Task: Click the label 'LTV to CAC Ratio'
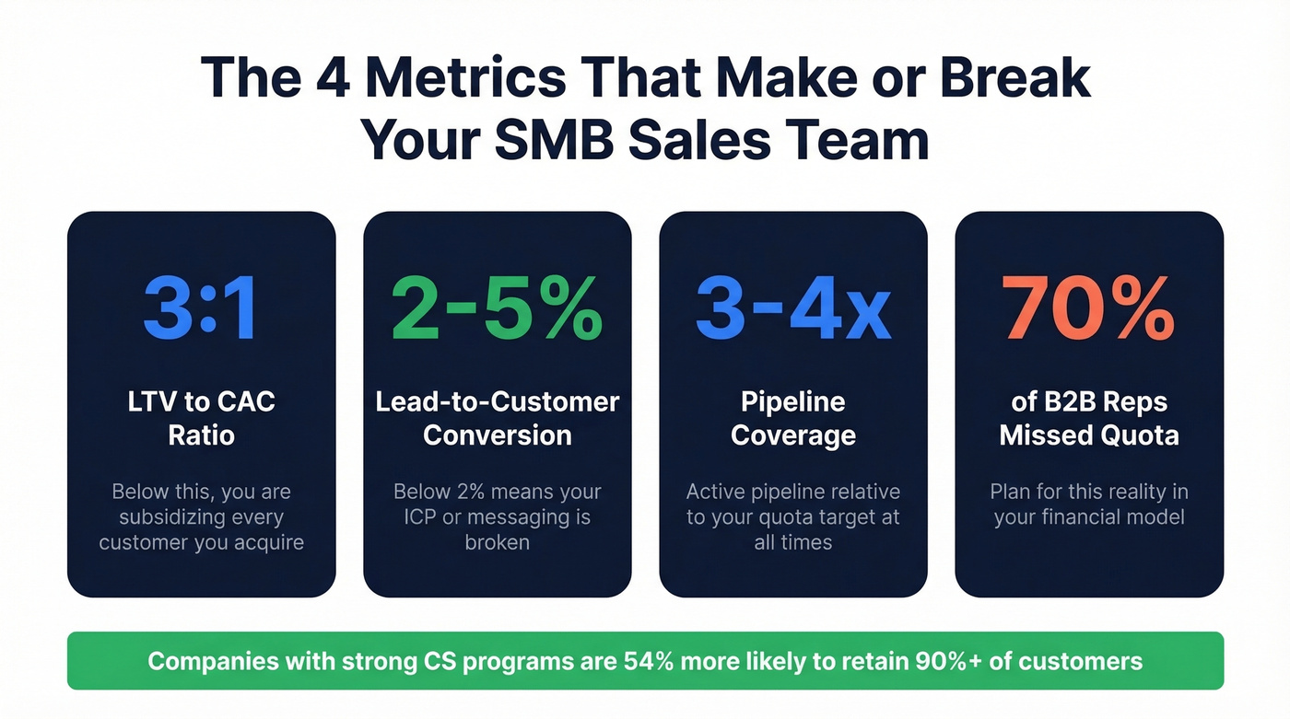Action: tap(201, 418)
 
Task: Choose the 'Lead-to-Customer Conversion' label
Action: tap(498, 418)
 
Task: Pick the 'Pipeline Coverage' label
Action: tap(793, 418)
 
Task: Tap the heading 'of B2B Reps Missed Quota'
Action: tap(1089, 418)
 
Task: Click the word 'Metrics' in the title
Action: tap(465, 77)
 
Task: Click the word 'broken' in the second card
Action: tap(498, 542)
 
